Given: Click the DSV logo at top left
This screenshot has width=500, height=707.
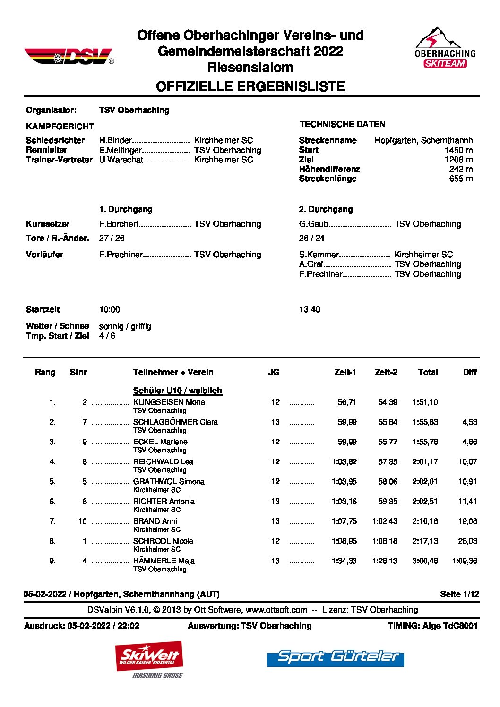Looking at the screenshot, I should (69, 57).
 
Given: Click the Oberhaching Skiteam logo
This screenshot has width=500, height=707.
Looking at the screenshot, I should (445, 48).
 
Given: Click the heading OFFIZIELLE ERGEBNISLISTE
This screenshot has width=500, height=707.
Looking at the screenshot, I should (250, 86).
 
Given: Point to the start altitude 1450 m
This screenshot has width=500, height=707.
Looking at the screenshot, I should (458, 150).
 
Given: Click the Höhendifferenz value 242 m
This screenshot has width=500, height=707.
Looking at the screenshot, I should (461, 169).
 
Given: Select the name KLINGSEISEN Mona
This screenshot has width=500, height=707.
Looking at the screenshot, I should (169, 402).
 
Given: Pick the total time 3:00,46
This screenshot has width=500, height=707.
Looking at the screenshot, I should (425, 561).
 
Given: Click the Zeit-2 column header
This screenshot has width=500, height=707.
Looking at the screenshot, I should (386, 372).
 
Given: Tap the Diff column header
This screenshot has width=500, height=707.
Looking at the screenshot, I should (470, 372).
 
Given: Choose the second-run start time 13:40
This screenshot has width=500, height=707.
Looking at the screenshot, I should (310, 310).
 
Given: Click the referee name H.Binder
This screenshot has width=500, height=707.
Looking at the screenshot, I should (115, 140).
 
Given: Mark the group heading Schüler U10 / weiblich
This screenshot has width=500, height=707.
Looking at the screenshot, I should (177, 391).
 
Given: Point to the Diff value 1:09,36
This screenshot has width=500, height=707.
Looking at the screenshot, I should (465, 561).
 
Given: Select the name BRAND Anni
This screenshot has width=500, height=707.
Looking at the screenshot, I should (155, 521).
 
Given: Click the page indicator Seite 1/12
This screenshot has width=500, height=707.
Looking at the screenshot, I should (459, 594).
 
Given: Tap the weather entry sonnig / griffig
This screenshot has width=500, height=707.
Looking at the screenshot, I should (125, 326).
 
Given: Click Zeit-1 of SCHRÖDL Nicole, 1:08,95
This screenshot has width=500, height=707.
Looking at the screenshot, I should (344, 541).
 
